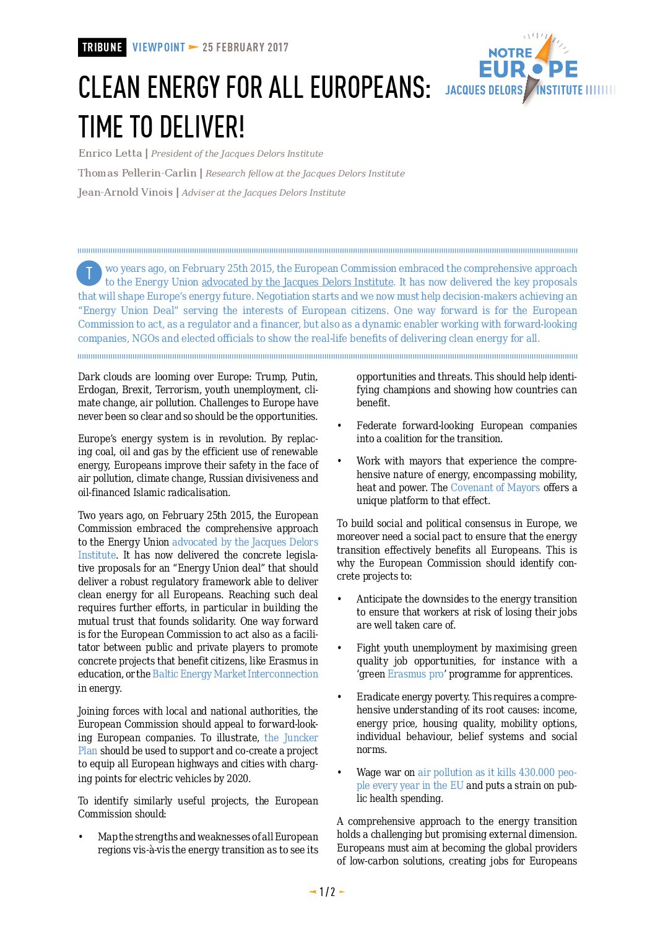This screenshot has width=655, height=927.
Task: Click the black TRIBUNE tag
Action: pos(102,48)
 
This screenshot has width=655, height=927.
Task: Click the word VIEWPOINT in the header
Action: pos(158,48)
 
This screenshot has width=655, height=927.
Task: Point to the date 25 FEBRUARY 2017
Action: pos(245,48)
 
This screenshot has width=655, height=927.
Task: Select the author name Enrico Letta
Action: pos(110,154)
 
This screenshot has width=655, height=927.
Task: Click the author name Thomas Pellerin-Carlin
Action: pos(137,173)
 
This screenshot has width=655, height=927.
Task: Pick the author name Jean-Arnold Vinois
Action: pos(126,193)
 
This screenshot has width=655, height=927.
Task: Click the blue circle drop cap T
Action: pos(89,273)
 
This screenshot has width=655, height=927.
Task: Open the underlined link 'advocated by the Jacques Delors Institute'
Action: pos(298,282)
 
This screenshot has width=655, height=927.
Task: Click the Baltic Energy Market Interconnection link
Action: pos(235,674)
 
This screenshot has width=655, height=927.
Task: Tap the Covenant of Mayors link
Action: pos(495,488)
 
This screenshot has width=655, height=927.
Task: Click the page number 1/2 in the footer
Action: pos(327,892)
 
